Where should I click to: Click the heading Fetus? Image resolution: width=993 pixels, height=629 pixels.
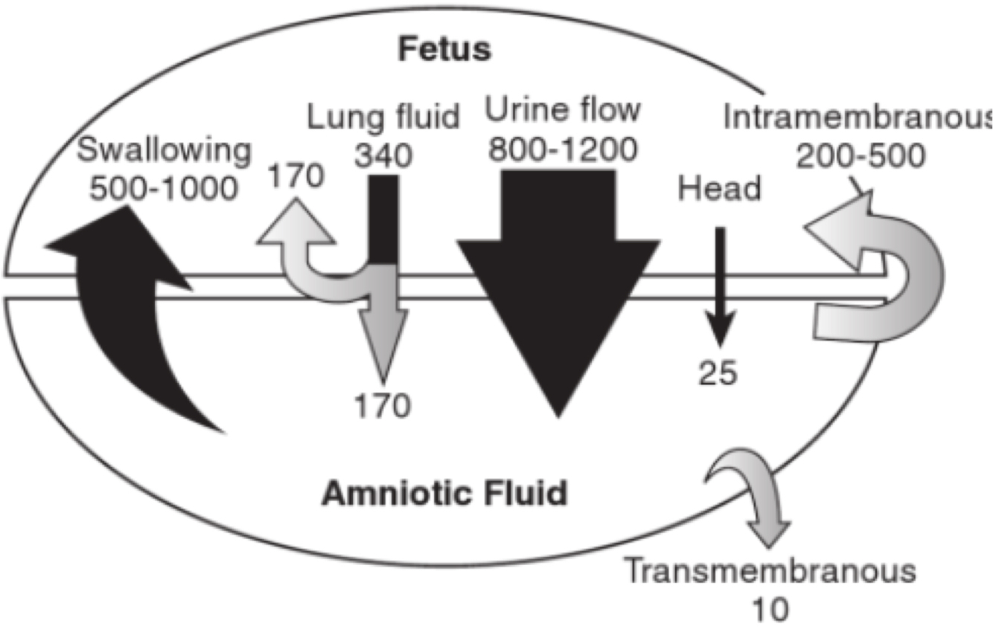coord(444,50)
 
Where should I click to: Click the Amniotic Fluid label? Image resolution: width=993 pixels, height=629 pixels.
coord(444,493)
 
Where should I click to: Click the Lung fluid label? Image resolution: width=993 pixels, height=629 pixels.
coord(383,117)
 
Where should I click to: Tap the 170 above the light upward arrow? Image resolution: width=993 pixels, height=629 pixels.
coord(298,177)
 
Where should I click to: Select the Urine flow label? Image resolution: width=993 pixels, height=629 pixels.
coord(563,111)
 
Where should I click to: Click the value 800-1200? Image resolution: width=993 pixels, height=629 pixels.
coord(563,149)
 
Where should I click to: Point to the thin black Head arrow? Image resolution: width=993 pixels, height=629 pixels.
coord(719,283)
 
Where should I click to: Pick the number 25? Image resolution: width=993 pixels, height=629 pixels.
coord(718,371)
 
